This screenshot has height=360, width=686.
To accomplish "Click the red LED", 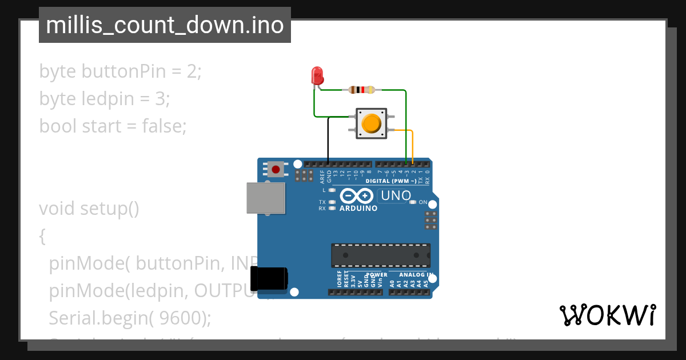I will [x=317, y=75].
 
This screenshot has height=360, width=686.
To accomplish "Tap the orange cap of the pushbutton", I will [x=371, y=123].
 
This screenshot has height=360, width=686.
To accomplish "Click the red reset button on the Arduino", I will [x=276, y=169].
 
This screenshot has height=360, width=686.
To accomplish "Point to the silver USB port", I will [x=265, y=198].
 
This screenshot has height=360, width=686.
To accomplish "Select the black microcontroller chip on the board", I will [x=381, y=255].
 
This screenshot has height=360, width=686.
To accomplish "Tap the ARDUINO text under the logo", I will [x=358, y=209].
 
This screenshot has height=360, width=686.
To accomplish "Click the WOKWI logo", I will [x=607, y=315].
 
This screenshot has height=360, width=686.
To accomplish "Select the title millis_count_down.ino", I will [x=165, y=25].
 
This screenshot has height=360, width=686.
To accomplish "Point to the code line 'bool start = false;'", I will [x=113, y=125].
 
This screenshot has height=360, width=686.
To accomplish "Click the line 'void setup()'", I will [x=89, y=209].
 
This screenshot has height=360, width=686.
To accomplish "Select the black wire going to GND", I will [x=328, y=140].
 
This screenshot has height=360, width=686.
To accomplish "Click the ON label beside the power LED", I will [x=423, y=202].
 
